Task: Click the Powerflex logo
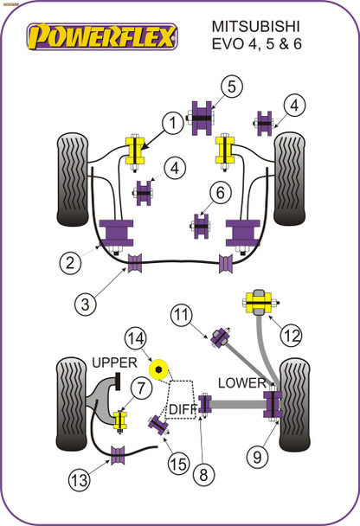click(x=102, y=35)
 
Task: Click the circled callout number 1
click(x=172, y=125)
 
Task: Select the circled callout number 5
click(x=229, y=86)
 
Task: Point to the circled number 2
click(x=70, y=260)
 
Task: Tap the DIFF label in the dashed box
click(x=183, y=407)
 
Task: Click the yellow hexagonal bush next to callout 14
click(x=159, y=369)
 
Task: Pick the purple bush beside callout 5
click(x=202, y=117)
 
